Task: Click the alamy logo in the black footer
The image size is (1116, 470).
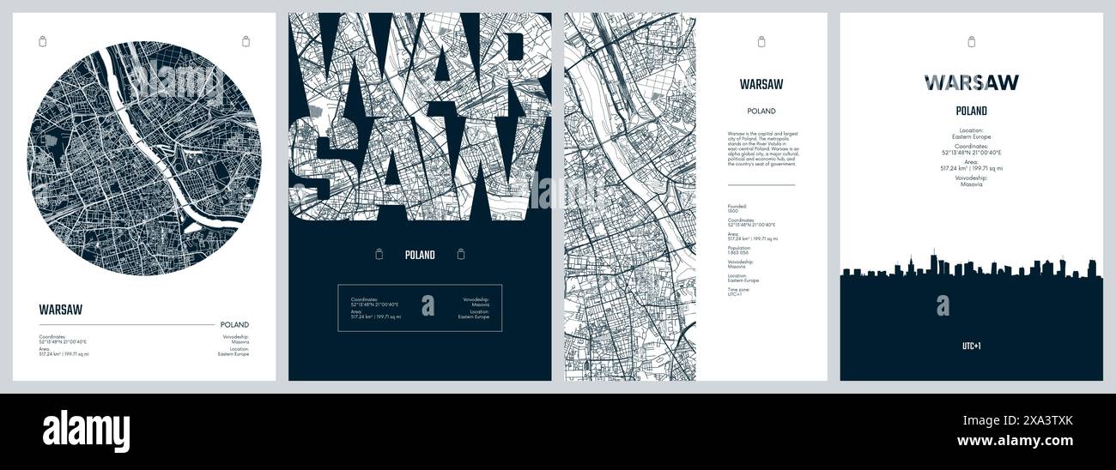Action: coord(86,431)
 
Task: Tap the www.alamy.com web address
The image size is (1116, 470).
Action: coord(1015,441)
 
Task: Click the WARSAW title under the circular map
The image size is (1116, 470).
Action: coord(61,310)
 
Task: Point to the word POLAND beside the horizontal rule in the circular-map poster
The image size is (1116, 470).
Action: coord(234,325)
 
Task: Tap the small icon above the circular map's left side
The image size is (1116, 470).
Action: coord(43,40)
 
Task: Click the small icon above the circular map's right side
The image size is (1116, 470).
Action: coord(246,40)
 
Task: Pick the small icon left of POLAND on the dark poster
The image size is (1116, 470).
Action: coord(379,254)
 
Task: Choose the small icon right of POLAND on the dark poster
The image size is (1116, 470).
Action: coord(461,254)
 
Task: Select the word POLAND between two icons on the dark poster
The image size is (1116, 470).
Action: coord(420,255)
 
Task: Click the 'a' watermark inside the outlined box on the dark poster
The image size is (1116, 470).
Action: coord(428,305)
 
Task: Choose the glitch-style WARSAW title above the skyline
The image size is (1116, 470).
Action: coord(971,82)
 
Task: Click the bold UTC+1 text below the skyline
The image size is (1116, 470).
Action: coord(971,346)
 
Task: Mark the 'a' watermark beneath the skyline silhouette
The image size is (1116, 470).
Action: coord(943,305)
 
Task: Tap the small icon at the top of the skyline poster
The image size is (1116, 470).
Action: coord(971,41)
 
